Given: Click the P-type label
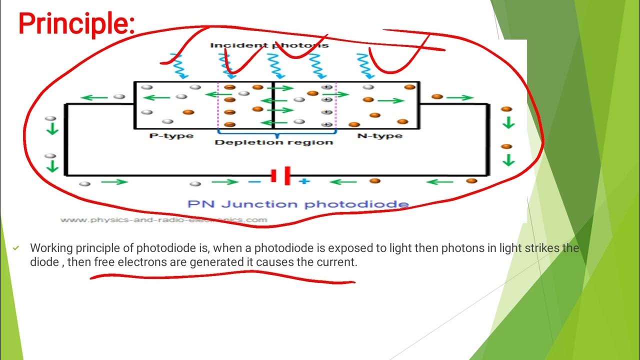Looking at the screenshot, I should pos(171,136).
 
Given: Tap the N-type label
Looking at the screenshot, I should pos(380,136).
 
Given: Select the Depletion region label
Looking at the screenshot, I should pos(273,142).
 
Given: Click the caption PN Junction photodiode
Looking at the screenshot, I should pos(298,204).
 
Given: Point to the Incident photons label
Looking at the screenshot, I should pos(269,45).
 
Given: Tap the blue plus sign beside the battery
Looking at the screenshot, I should pos(303,181).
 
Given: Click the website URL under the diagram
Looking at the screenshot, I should pos(163,219).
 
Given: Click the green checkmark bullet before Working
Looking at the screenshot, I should pos(16,248).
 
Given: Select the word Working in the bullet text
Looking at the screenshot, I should pos(49,248).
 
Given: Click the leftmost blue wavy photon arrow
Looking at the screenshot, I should pos(178,66).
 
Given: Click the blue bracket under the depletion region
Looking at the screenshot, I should pos(276,132).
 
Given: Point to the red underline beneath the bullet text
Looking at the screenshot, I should pos(222,276).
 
